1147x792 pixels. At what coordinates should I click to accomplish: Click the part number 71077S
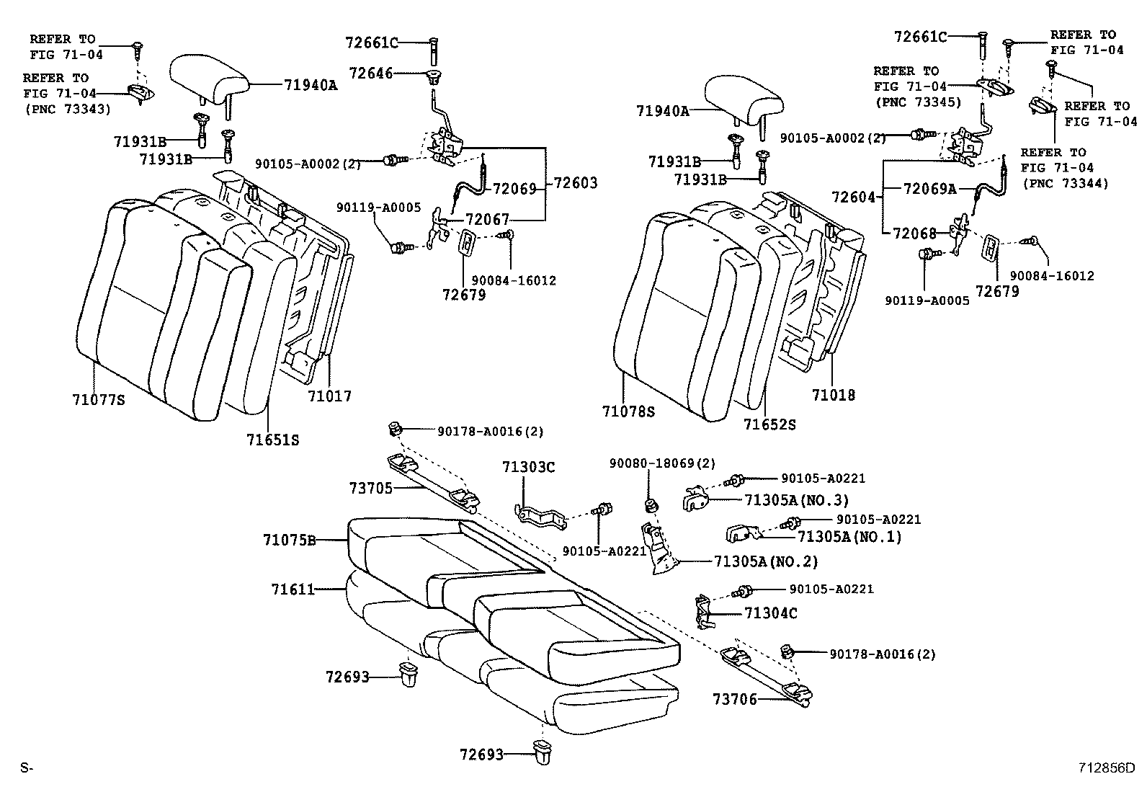tap(98, 399)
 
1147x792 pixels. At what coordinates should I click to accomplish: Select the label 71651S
tap(272, 439)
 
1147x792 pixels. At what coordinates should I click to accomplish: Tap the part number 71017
tap(329, 396)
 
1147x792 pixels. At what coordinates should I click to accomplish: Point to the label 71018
tap(833, 395)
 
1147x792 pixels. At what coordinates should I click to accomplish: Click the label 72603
tap(575, 183)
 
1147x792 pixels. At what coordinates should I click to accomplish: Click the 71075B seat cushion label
tap(289, 539)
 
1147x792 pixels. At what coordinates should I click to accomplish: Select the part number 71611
tap(293, 589)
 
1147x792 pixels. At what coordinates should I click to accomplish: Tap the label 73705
tap(371, 488)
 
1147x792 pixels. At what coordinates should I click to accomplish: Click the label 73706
tap(734, 698)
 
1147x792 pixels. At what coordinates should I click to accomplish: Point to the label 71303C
tap(528, 468)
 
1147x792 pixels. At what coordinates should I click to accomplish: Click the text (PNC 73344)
tap(1065, 184)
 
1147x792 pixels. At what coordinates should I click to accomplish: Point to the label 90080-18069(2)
tap(662, 463)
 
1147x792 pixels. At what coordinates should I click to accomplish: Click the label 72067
tap(487, 219)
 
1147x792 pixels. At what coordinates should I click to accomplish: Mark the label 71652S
tap(769, 424)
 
